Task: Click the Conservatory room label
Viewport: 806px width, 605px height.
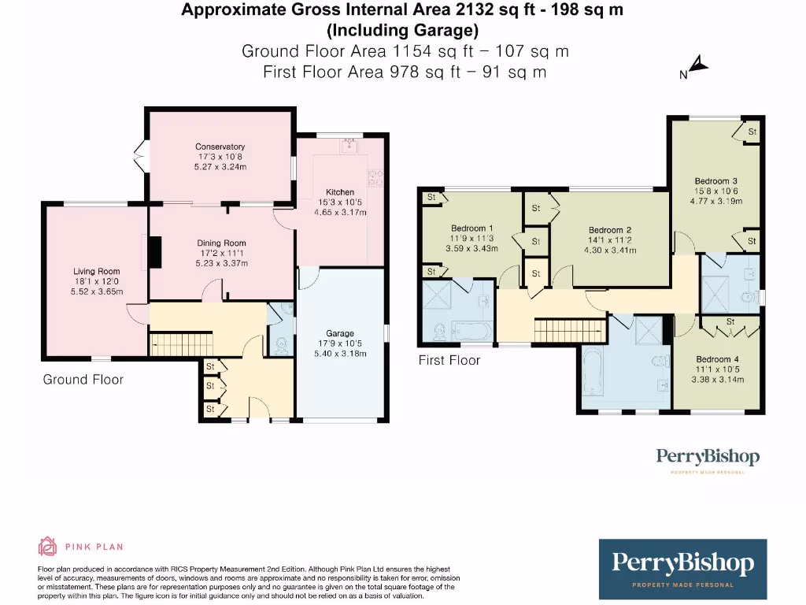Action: [x=220, y=147]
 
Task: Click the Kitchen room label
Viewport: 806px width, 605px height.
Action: [x=340, y=192]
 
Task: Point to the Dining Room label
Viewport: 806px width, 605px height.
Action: [x=221, y=243]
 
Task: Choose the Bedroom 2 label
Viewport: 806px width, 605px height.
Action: [x=610, y=230]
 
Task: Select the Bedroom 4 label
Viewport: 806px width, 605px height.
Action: [x=717, y=359]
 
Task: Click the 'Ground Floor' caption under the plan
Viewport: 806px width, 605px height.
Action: [x=83, y=380]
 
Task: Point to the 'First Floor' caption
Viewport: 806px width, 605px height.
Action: [x=449, y=360]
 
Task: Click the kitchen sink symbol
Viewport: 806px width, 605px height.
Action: [x=348, y=145]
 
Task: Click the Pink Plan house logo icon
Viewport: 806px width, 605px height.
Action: [x=48, y=547]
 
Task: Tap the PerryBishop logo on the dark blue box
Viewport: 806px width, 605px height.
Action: [x=682, y=563]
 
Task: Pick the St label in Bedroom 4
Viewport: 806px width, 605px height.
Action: [x=730, y=321]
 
